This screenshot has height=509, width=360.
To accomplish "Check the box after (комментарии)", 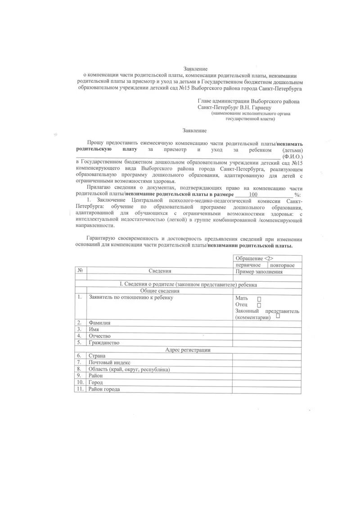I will click(x=278, y=316).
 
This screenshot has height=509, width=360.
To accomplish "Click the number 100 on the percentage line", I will click(x=253, y=194).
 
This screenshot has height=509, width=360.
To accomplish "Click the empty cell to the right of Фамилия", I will click(x=267, y=323).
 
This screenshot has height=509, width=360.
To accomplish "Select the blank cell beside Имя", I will click(x=267, y=329).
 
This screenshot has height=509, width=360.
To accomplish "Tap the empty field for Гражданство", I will click(x=267, y=342).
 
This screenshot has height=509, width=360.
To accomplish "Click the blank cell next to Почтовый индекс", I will click(x=267, y=362).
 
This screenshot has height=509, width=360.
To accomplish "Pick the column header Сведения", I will click(x=160, y=271).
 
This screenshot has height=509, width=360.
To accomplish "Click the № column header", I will click(x=80, y=271).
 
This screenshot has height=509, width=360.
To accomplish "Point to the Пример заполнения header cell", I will click(x=259, y=272).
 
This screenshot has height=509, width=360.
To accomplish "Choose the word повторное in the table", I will click(x=283, y=265).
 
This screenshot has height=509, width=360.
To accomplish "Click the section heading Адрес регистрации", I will click(x=188, y=350).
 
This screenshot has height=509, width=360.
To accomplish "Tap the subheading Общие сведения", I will click(x=188, y=291).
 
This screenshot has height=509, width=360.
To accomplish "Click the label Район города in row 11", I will click(x=104, y=389).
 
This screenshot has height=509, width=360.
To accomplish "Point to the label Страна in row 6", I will click(x=97, y=356).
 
